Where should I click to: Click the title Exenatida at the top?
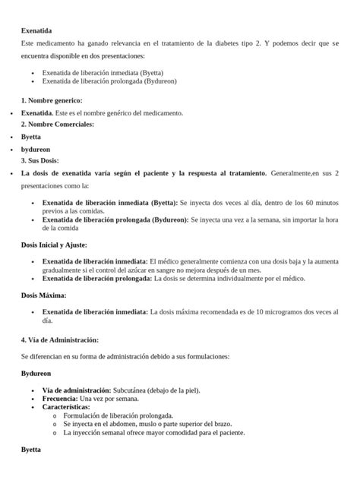click(36, 30)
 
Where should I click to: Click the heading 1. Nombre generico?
click(52, 100)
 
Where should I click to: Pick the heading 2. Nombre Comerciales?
click(58, 124)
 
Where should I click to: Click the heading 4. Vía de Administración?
click(60, 339)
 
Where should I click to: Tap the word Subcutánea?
click(132, 390)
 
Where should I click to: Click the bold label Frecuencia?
click(59, 399)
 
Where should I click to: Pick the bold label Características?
click(65, 407)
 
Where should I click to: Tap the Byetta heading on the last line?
click(31, 450)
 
